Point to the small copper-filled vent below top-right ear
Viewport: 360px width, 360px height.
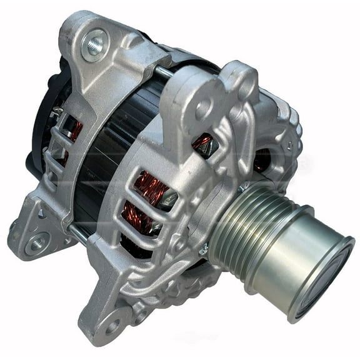(x=204, y=143)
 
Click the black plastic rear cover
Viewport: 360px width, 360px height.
(x=44, y=125)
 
